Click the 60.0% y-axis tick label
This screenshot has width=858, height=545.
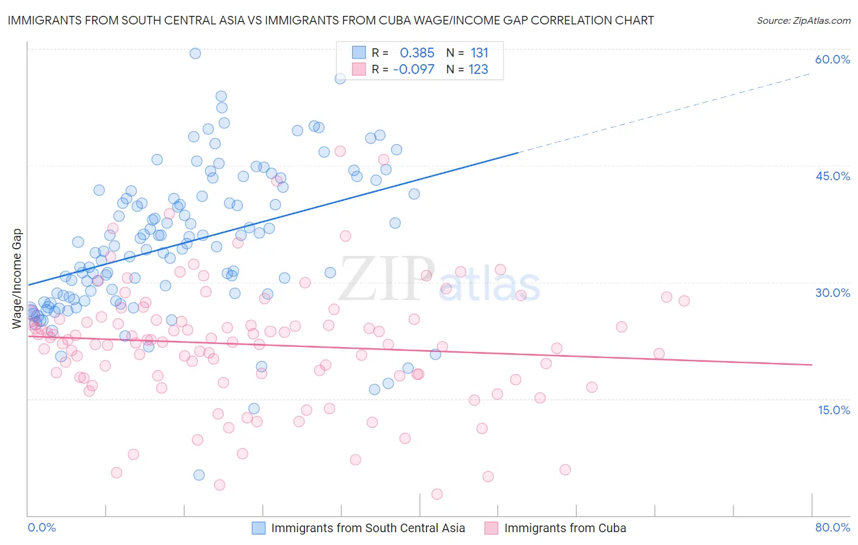click(832, 59)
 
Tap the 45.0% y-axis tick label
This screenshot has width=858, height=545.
click(832, 176)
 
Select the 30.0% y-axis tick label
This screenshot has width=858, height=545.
click(832, 293)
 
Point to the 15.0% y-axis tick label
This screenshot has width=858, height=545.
click(834, 410)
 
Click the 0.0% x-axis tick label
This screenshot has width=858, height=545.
click(41, 527)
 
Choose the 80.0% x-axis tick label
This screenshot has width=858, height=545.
click(832, 527)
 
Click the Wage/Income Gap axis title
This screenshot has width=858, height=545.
click(17, 279)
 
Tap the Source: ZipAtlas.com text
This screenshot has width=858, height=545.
click(803, 20)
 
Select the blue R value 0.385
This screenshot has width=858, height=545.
click(417, 53)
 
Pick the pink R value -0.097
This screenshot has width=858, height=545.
click(414, 70)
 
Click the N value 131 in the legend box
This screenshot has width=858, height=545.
click(479, 53)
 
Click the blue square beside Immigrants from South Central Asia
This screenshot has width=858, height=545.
click(259, 528)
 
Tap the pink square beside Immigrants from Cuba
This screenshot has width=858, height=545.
click(491, 528)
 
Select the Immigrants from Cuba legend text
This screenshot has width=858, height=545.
click(564, 528)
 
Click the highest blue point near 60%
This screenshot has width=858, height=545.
click(195, 53)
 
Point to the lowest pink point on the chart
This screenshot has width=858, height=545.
click(437, 494)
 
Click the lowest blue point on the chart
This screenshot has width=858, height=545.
click(199, 475)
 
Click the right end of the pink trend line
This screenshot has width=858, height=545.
click(812, 365)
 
